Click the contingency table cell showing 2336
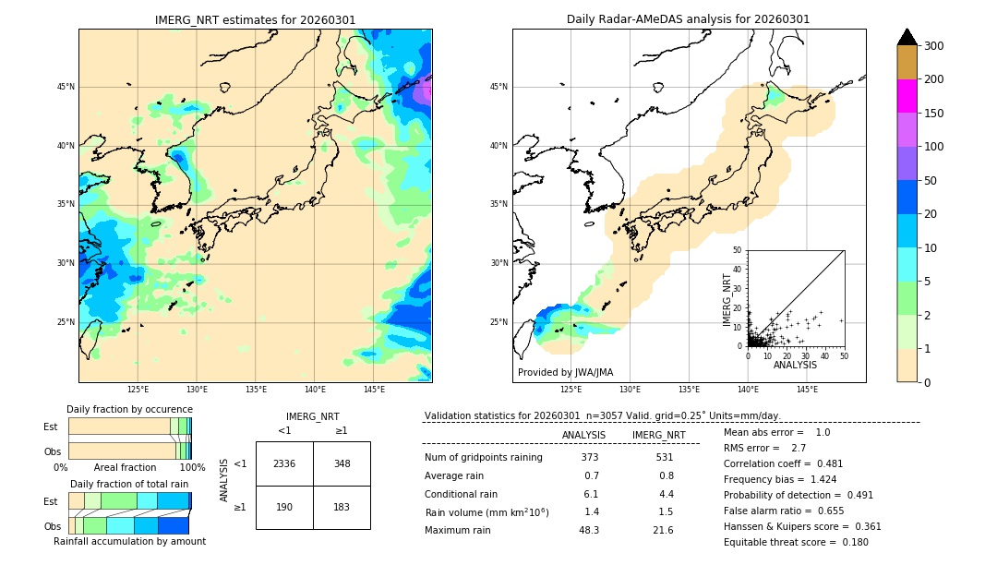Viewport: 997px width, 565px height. point(284,463)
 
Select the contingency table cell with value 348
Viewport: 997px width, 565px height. point(342,463)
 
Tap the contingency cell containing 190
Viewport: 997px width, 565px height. point(284,507)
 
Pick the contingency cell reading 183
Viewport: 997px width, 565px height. point(342,507)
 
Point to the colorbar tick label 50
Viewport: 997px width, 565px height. point(932,181)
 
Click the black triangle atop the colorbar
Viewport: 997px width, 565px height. point(907,37)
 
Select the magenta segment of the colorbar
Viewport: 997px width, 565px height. point(907,96)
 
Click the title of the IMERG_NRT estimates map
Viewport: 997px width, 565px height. point(255,19)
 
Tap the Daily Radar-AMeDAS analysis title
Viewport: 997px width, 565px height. point(689,19)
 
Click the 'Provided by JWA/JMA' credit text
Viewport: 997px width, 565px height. point(565,372)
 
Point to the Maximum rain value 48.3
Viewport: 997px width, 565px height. point(589,530)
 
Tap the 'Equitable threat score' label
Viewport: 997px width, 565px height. point(780,542)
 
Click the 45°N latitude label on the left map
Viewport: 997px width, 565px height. point(66,87)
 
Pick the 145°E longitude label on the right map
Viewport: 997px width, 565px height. point(807,390)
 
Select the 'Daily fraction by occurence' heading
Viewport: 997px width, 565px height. point(129,409)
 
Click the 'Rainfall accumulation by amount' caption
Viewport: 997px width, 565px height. point(129,541)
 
